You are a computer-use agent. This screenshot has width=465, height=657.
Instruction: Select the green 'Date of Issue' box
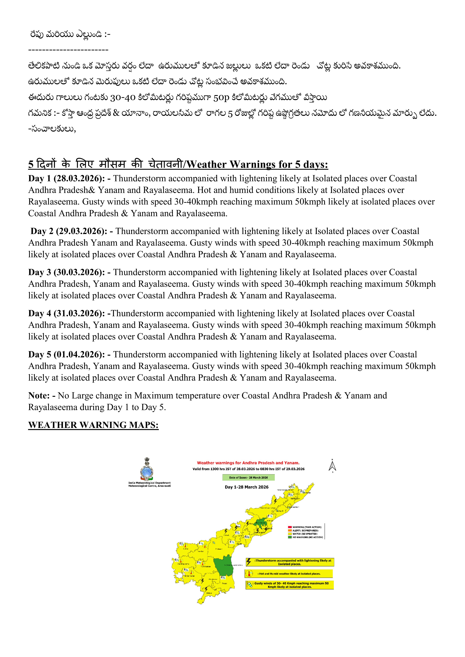248,477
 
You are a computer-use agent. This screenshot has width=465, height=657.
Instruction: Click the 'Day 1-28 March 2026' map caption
246,487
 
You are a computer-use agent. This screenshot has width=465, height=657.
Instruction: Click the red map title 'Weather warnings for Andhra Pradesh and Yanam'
248,463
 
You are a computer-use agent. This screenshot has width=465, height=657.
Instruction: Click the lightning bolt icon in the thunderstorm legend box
249,562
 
